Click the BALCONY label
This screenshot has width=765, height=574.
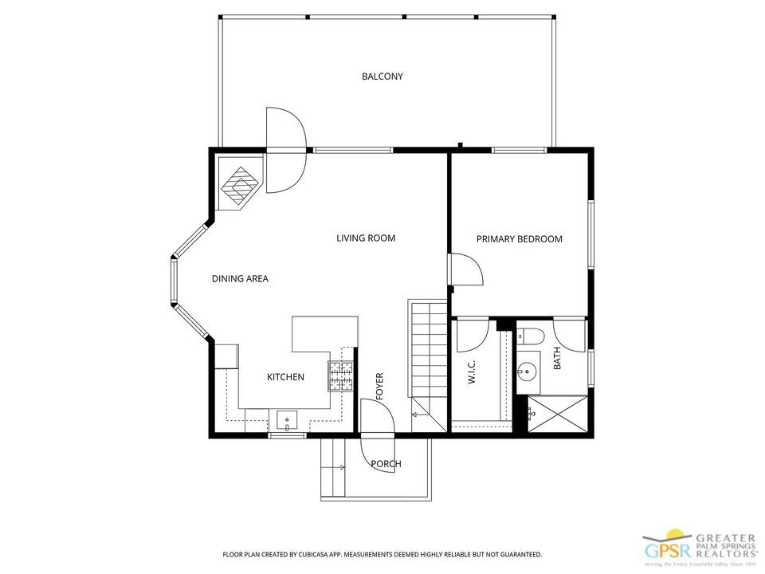pyautogui.click(x=382, y=77)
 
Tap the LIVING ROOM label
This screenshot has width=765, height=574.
pyautogui.click(x=366, y=238)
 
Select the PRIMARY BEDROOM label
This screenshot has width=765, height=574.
pyautogui.click(x=520, y=238)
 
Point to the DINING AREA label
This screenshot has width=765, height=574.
pyautogui.click(x=240, y=278)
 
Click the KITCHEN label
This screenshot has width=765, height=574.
pyautogui.click(x=285, y=376)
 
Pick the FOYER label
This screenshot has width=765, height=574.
pyautogui.click(x=380, y=386)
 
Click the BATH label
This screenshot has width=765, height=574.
pyautogui.click(x=557, y=360)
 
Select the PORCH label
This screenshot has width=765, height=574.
pyautogui.click(x=386, y=463)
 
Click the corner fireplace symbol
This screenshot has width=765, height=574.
pyautogui.click(x=240, y=186)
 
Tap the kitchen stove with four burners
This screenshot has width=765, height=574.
pyautogui.click(x=341, y=377)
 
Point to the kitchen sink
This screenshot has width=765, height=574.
pyautogui.click(x=286, y=419)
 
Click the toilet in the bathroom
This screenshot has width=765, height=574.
pyautogui.click(x=529, y=336)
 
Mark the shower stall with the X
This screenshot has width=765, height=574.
pyautogui.click(x=559, y=413)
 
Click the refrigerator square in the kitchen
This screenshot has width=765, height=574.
pyautogui.click(x=226, y=356)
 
